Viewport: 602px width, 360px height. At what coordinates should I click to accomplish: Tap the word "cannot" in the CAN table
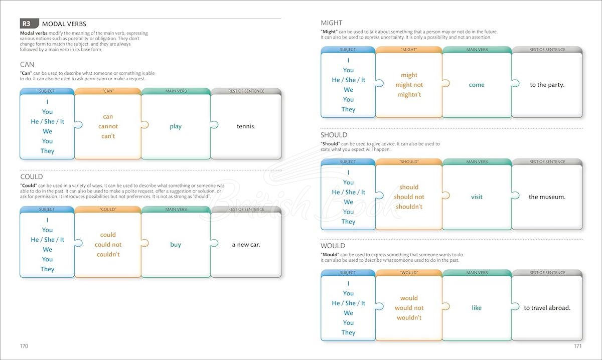click(x=108, y=126)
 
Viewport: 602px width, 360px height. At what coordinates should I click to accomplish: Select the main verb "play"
click(x=176, y=126)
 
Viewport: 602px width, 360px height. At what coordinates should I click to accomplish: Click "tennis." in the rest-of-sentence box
click(x=246, y=126)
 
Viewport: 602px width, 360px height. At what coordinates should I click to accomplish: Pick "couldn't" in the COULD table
click(x=108, y=254)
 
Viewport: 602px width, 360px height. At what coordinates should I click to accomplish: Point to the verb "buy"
click(x=176, y=245)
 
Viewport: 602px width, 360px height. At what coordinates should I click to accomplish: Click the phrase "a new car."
click(x=246, y=245)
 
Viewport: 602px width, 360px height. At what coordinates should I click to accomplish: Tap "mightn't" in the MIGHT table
click(x=409, y=95)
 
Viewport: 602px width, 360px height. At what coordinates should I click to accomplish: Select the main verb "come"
click(x=477, y=85)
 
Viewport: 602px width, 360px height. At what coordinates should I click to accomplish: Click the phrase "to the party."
click(x=547, y=85)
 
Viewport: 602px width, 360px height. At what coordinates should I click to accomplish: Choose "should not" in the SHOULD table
click(x=409, y=197)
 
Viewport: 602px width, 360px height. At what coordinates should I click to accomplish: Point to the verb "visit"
click(x=477, y=197)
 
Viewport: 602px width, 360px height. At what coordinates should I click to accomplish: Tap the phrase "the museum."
click(x=547, y=197)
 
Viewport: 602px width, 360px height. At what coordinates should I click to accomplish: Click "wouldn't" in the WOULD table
click(x=409, y=317)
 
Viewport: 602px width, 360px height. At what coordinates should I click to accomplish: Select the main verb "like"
click(x=477, y=308)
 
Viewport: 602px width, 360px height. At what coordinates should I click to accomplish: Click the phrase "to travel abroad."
click(x=547, y=308)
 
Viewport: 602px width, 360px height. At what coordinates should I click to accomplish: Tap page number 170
click(x=24, y=346)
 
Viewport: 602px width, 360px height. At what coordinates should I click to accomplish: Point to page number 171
click(x=578, y=346)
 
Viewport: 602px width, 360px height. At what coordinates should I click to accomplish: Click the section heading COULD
click(x=32, y=176)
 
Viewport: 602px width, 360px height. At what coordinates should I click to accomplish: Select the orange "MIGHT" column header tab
click(x=409, y=50)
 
